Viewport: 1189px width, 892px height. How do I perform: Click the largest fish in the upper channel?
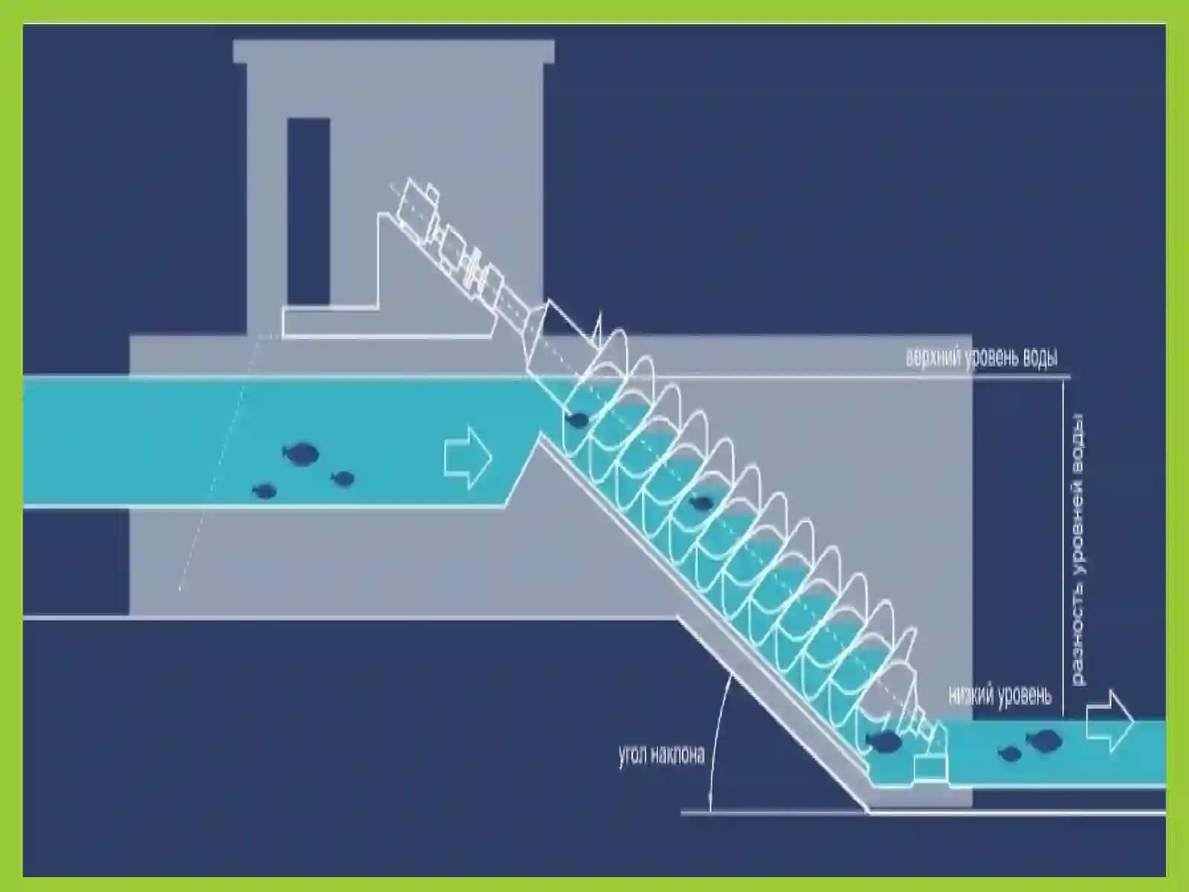[301, 453]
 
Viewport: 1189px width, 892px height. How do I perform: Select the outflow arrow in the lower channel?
[1110, 721]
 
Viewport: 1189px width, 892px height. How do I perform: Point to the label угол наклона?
[661, 754]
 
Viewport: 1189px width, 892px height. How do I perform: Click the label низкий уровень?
[1000, 696]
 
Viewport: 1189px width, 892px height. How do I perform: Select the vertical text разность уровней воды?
[1079, 550]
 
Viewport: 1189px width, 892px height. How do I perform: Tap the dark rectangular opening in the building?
[308, 211]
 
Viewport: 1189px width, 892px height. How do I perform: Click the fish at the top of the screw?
[577, 419]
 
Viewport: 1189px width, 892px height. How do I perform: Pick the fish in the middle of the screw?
[701, 503]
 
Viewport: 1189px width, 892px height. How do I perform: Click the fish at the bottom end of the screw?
[883, 741]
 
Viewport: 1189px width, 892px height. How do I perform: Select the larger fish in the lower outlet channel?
[1044, 740]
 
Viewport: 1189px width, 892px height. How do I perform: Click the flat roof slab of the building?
[394, 51]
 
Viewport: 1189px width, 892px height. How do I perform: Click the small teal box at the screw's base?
[930, 768]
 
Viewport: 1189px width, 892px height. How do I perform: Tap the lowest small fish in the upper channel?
[265, 491]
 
